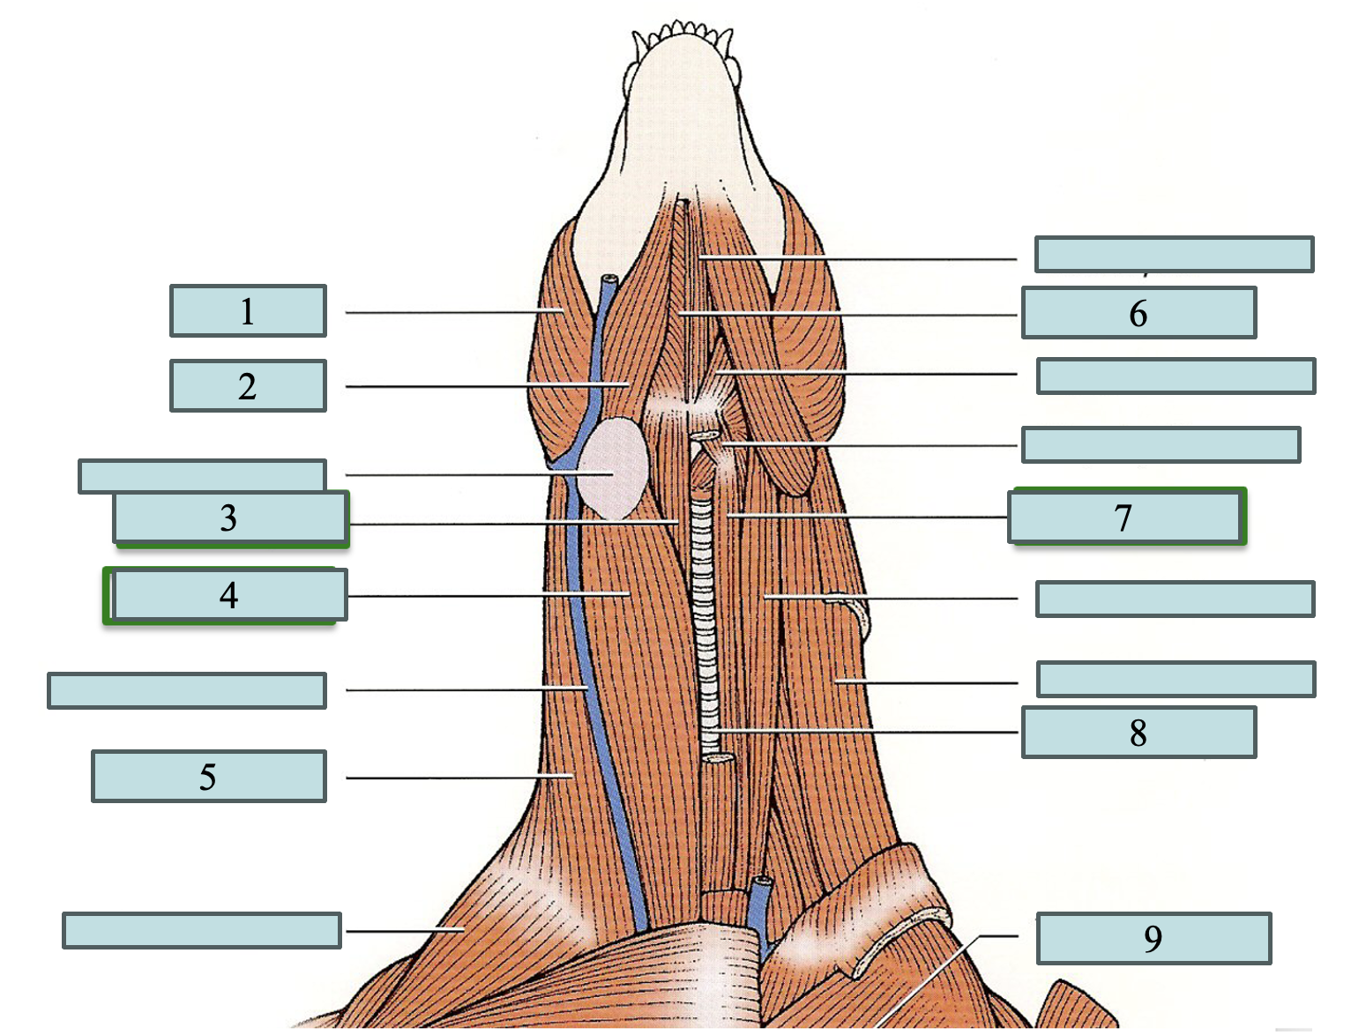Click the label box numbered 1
click(x=248, y=311)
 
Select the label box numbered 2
click(x=248, y=386)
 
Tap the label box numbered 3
click(x=230, y=518)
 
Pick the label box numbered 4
click(x=228, y=596)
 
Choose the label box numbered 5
click(x=208, y=777)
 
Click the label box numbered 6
click(x=1138, y=313)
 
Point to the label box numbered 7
click(x=1124, y=517)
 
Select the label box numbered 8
click(x=1138, y=733)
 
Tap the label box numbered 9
click(x=1153, y=939)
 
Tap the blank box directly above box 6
click(x=1174, y=254)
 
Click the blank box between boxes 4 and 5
click(x=187, y=690)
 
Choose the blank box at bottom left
click(x=201, y=930)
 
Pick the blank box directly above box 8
click(x=1176, y=679)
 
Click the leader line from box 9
click(x=935, y=979)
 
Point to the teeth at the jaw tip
click(x=682, y=35)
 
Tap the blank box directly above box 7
click(x=1161, y=444)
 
